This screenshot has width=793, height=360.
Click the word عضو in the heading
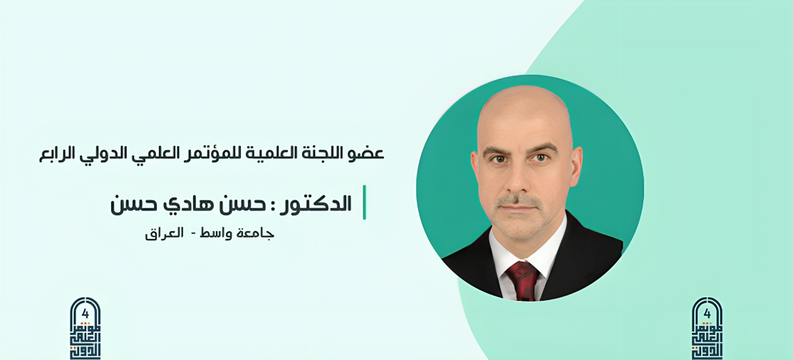370,153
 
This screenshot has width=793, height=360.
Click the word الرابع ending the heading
58,153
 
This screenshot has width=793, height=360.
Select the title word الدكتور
317,204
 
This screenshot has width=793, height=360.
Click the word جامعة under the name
256,233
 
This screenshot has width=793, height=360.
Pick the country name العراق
160,233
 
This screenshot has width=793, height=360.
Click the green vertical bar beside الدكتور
364,202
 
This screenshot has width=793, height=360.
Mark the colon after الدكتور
271,205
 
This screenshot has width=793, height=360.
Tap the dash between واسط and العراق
188,234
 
